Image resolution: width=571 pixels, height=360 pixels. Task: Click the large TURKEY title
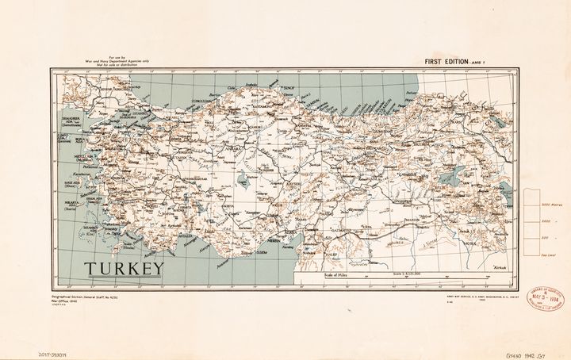tap(125, 267)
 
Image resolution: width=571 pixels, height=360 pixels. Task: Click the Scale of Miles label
tap(335, 274)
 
